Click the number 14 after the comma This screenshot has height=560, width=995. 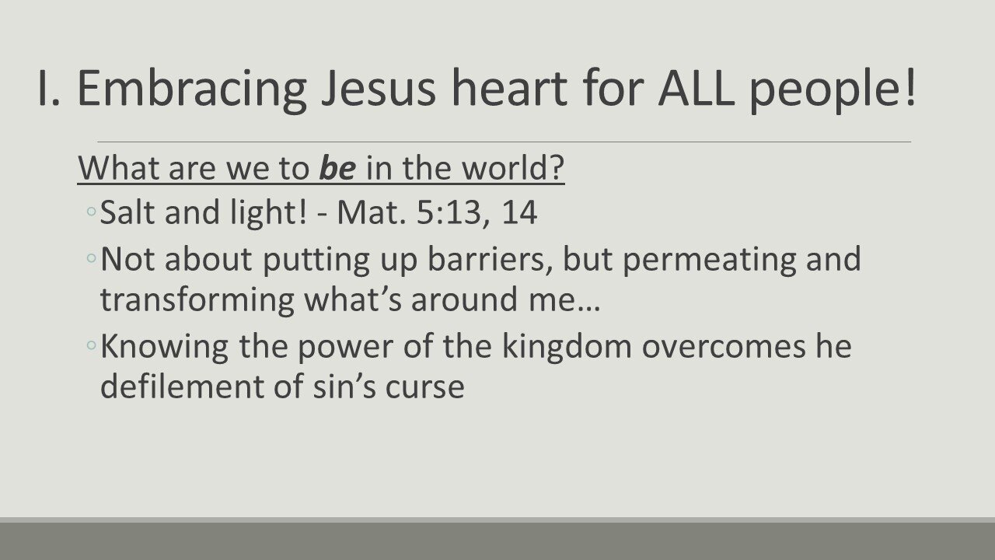[x=518, y=213]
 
